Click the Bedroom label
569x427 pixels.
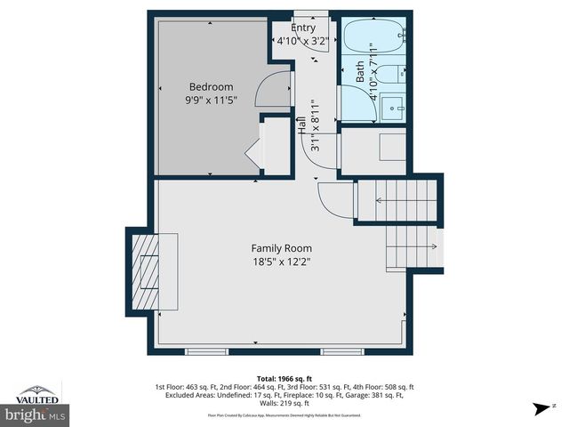[211, 86]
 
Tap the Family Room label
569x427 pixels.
[281, 248]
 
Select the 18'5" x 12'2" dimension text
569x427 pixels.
[281, 262]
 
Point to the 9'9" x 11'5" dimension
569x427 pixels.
[211, 101]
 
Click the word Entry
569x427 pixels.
[302, 28]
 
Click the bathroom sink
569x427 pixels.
[391, 109]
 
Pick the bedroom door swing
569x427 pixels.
[273, 91]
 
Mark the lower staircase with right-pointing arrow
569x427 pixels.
[412, 246]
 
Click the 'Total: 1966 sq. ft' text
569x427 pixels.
[284, 378]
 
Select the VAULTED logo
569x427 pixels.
[37, 393]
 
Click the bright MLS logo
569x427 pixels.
[36, 414]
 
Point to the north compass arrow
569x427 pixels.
[539, 409]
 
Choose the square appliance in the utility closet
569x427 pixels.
[392, 147]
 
